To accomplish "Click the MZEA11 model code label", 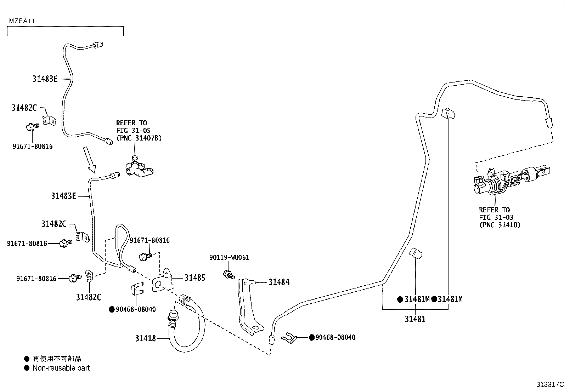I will (x=22, y=21).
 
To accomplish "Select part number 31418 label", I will (x=145, y=338).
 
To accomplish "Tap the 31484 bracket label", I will (x=279, y=282).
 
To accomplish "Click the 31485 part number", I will (x=194, y=278).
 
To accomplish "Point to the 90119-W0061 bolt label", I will (x=229, y=257).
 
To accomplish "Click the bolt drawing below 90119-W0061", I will (x=229, y=274).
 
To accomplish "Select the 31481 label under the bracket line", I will (x=415, y=319).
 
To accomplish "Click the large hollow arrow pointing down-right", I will (x=89, y=159).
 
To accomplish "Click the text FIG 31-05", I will (x=133, y=131).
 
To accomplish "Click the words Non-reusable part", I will (x=61, y=368).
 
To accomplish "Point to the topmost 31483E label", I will (x=45, y=79).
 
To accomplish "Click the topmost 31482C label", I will (x=24, y=108).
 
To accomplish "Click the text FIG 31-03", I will (x=496, y=217).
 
